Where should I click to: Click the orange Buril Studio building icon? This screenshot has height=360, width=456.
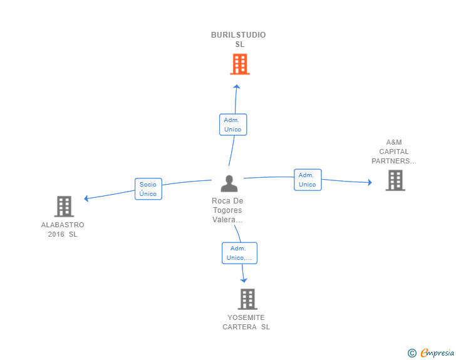(x=239, y=64)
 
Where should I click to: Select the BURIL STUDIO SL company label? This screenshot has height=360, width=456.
(x=239, y=39)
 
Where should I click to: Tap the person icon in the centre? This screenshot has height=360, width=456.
(x=229, y=183)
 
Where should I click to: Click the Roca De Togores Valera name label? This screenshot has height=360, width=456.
(x=227, y=210)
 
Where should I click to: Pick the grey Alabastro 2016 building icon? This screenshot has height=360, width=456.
(x=63, y=206)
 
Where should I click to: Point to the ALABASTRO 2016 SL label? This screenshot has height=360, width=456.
(x=63, y=229)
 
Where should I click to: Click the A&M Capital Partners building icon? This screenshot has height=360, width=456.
(x=395, y=180)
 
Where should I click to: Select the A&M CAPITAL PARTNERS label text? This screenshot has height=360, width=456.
(x=394, y=152)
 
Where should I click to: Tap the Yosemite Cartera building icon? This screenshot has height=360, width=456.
(x=247, y=299)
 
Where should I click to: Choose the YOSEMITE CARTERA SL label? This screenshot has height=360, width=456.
(x=246, y=322)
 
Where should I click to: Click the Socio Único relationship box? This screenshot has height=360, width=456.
(x=148, y=188)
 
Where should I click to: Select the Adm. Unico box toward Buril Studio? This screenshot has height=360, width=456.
(x=233, y=124)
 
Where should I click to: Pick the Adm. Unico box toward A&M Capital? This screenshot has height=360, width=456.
(x=308, y=180)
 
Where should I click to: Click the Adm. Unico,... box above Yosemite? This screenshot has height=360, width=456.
(x=239, y=253)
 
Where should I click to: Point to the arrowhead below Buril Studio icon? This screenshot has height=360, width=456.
(x=236, y=87)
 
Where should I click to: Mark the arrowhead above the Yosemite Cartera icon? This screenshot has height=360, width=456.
(x=244, y=280)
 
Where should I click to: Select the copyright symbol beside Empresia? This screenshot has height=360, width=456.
(x=412, y=353)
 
